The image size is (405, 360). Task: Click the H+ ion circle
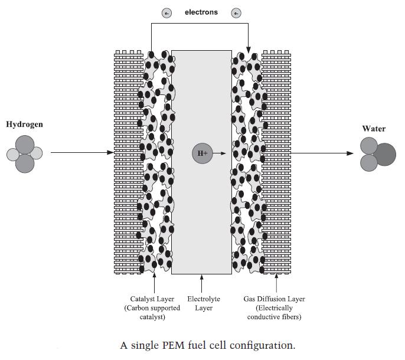(202, 153)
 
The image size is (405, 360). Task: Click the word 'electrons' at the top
(201, 12)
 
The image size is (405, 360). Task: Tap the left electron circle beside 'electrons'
(167, 13)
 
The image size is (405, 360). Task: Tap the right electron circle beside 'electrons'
(236, 13)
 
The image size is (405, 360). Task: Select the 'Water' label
(374, 129)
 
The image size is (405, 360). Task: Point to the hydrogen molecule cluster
(25, 154)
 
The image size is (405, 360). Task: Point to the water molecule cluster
(377, 154)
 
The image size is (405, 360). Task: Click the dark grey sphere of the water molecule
(386, 154)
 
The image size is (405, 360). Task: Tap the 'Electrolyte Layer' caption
(204, 303)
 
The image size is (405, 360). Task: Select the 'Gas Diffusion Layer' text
(274, 299)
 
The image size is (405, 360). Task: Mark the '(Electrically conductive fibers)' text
(274, 313)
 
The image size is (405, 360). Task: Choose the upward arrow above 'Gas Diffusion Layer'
(277, 283)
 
